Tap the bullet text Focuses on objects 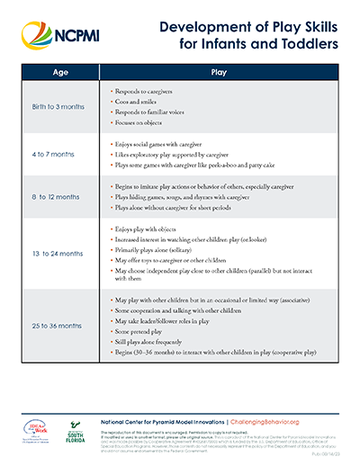tap(142, 122)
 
